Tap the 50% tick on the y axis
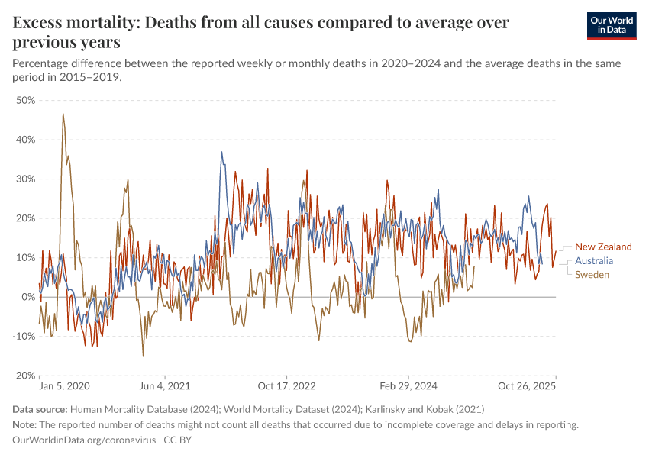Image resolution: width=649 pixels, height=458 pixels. tap(26, 100)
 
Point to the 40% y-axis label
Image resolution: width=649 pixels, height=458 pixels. tap(26, 140)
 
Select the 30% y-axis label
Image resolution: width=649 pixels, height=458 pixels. tap(26, 179)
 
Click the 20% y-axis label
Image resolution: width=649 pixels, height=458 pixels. tap(26, 218)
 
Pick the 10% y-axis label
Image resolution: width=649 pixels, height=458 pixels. tap(26, 257)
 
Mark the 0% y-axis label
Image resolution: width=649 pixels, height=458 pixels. tap(29, 297)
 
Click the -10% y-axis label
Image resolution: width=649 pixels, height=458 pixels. tap(24, 336)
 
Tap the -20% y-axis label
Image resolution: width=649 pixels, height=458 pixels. tap(24, 376)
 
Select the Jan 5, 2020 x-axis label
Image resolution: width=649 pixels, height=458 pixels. tap(64, 387)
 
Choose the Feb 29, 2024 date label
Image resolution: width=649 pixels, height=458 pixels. tap(406, 387)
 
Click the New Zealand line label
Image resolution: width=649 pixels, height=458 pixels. tap(603, 247)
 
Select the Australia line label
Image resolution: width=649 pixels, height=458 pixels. tap(594, 260)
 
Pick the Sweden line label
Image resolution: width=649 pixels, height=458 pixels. tap(592, 275)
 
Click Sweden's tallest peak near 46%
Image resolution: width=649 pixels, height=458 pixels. tap(63, 114)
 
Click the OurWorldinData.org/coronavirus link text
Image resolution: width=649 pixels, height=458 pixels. tap(84, 440)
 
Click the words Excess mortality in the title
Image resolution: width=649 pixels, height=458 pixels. tap(72, 22)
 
